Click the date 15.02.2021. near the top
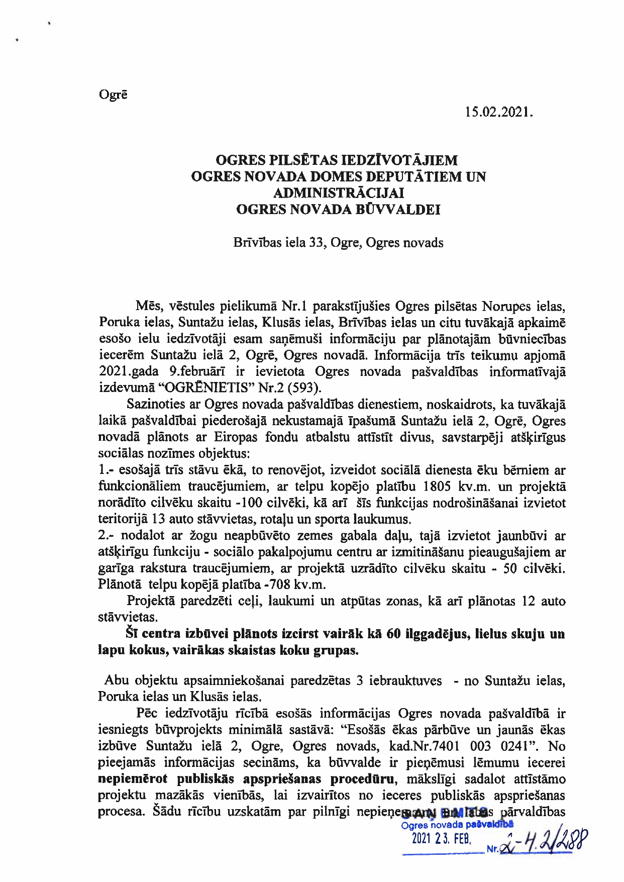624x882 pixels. (x=498, y=112)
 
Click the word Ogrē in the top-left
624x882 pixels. (x=113, y=94)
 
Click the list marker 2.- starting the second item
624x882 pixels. (x=107, y=536)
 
